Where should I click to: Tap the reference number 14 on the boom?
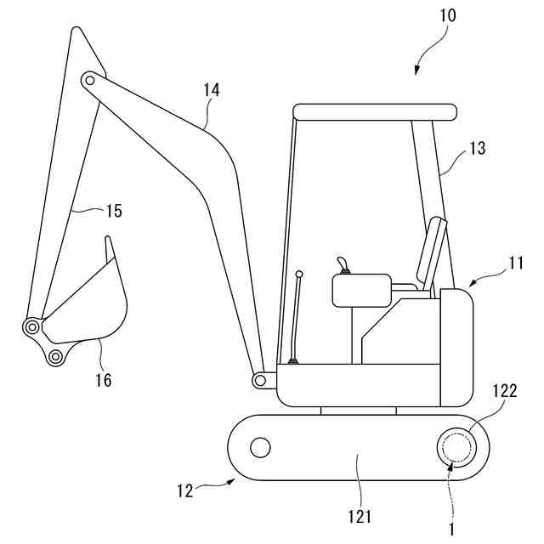212,89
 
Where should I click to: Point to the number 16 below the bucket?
103,380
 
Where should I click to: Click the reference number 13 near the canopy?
477,149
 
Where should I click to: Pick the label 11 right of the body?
516,263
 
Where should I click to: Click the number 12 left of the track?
185,490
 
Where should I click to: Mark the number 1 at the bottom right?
451,528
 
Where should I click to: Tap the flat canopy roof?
375,111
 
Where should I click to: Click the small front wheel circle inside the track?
260,445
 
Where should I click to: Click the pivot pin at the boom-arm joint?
88,80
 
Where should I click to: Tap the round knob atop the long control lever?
299,274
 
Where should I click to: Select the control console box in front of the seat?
360,291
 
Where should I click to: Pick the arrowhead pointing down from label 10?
417,71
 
